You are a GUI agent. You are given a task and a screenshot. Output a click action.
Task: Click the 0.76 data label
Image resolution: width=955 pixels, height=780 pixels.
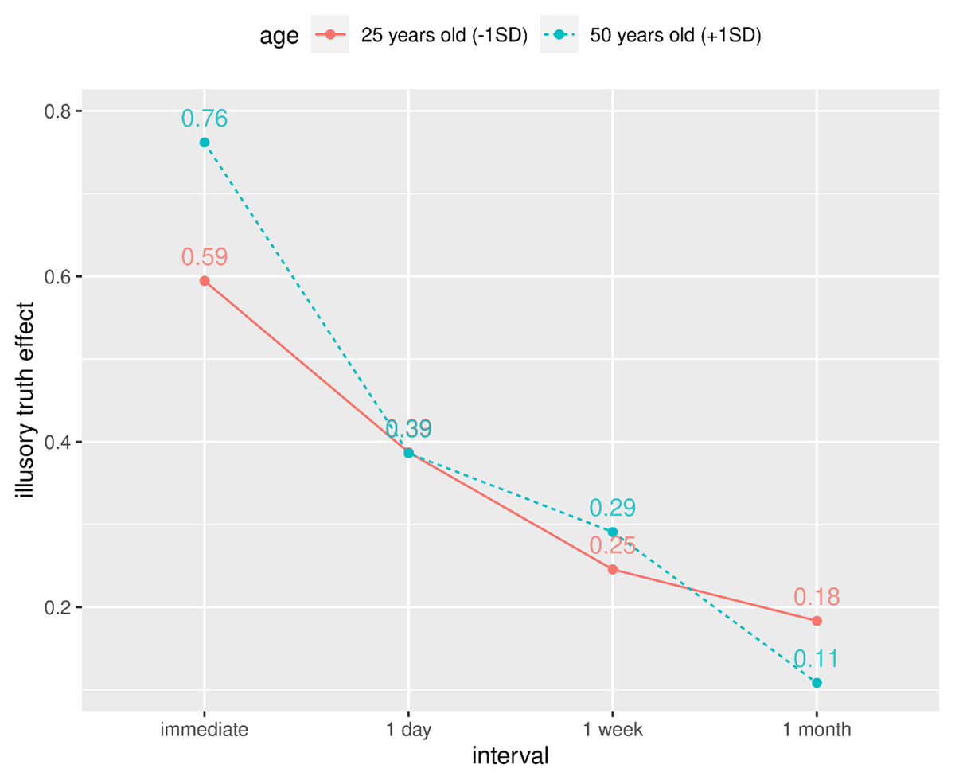click(205, 119)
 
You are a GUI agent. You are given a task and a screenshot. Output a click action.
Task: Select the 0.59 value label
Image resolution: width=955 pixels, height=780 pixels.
click(205, 257)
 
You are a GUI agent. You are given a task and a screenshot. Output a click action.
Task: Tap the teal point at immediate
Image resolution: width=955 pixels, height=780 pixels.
click(205, 142)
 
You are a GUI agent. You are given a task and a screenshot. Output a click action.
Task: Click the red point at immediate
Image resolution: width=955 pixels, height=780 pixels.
click(205, 281)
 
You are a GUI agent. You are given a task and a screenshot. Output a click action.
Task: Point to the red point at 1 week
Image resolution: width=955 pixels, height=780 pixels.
click(612, 569)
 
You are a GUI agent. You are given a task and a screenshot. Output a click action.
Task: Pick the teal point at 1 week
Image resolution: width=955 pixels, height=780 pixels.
click(612, 532)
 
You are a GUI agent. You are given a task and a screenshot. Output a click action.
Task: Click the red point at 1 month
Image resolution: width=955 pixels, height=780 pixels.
click(817, 621)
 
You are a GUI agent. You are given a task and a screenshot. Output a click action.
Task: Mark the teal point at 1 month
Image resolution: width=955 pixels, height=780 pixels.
click(817, 683)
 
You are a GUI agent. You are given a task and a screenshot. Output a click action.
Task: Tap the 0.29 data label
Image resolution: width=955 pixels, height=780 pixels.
click(612, 508)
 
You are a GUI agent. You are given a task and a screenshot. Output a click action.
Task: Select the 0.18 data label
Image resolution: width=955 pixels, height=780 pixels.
click(817, 597)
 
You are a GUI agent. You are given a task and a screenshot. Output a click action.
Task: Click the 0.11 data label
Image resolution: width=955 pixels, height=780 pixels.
click(817, 659)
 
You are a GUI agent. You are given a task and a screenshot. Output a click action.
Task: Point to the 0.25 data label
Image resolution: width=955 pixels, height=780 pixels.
click(612, 546)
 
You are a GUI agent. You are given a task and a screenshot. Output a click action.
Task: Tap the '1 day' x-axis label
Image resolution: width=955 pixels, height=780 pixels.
click(408, 731)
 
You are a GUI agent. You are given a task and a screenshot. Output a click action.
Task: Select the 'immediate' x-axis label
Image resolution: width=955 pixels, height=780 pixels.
click(205, 731)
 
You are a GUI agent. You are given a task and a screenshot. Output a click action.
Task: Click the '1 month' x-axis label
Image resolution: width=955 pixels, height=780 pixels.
click(817, 731)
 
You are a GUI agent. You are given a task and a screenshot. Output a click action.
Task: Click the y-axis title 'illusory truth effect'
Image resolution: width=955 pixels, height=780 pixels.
click(27, 400)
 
